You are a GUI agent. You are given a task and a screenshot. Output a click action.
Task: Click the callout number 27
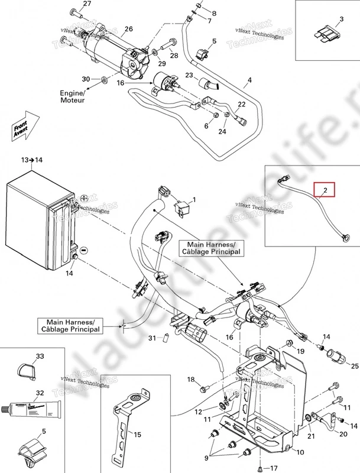87,4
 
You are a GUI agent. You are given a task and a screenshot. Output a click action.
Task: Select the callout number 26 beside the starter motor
128,29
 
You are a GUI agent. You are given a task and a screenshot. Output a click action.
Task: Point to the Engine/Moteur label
72,98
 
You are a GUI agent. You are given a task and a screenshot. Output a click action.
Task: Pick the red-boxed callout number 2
325,190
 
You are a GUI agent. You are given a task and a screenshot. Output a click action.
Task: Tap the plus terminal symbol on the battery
84,197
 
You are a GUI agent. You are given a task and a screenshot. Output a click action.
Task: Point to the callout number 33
40,357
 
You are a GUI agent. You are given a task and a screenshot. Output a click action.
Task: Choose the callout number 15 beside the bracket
137,435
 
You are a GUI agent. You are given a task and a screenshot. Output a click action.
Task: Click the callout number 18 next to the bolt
191,379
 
